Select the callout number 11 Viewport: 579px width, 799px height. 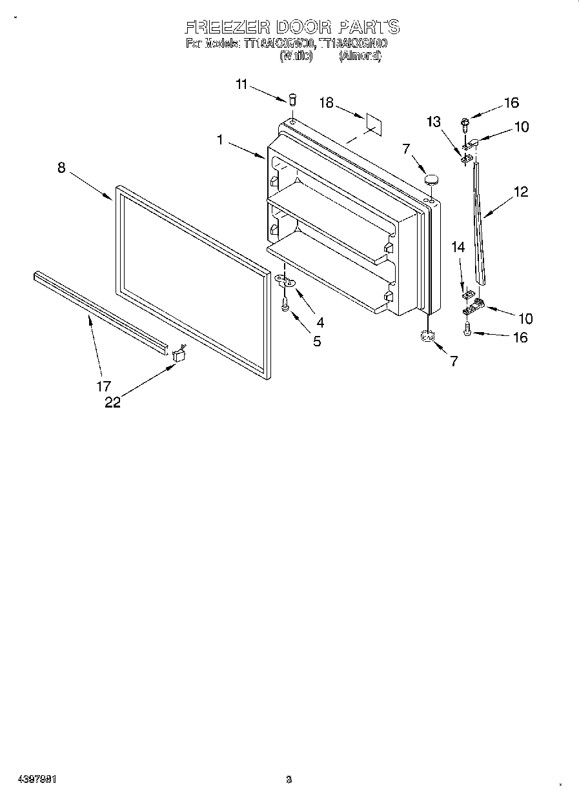click(241, 84)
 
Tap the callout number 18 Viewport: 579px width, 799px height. click(327, 103)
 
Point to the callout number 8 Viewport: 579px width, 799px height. click(61, 168)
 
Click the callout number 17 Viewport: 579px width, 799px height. click(103, 387)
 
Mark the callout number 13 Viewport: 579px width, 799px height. click(433, 121)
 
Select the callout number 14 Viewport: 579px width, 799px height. click(458, 246)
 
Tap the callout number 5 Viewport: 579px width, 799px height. click(317, 341)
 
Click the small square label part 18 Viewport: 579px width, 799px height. click(372, 122)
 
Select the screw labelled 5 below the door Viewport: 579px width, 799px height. click(285, 305)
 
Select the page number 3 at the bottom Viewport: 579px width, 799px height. click(289, 780)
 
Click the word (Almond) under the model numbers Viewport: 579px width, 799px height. click(360, 56)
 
